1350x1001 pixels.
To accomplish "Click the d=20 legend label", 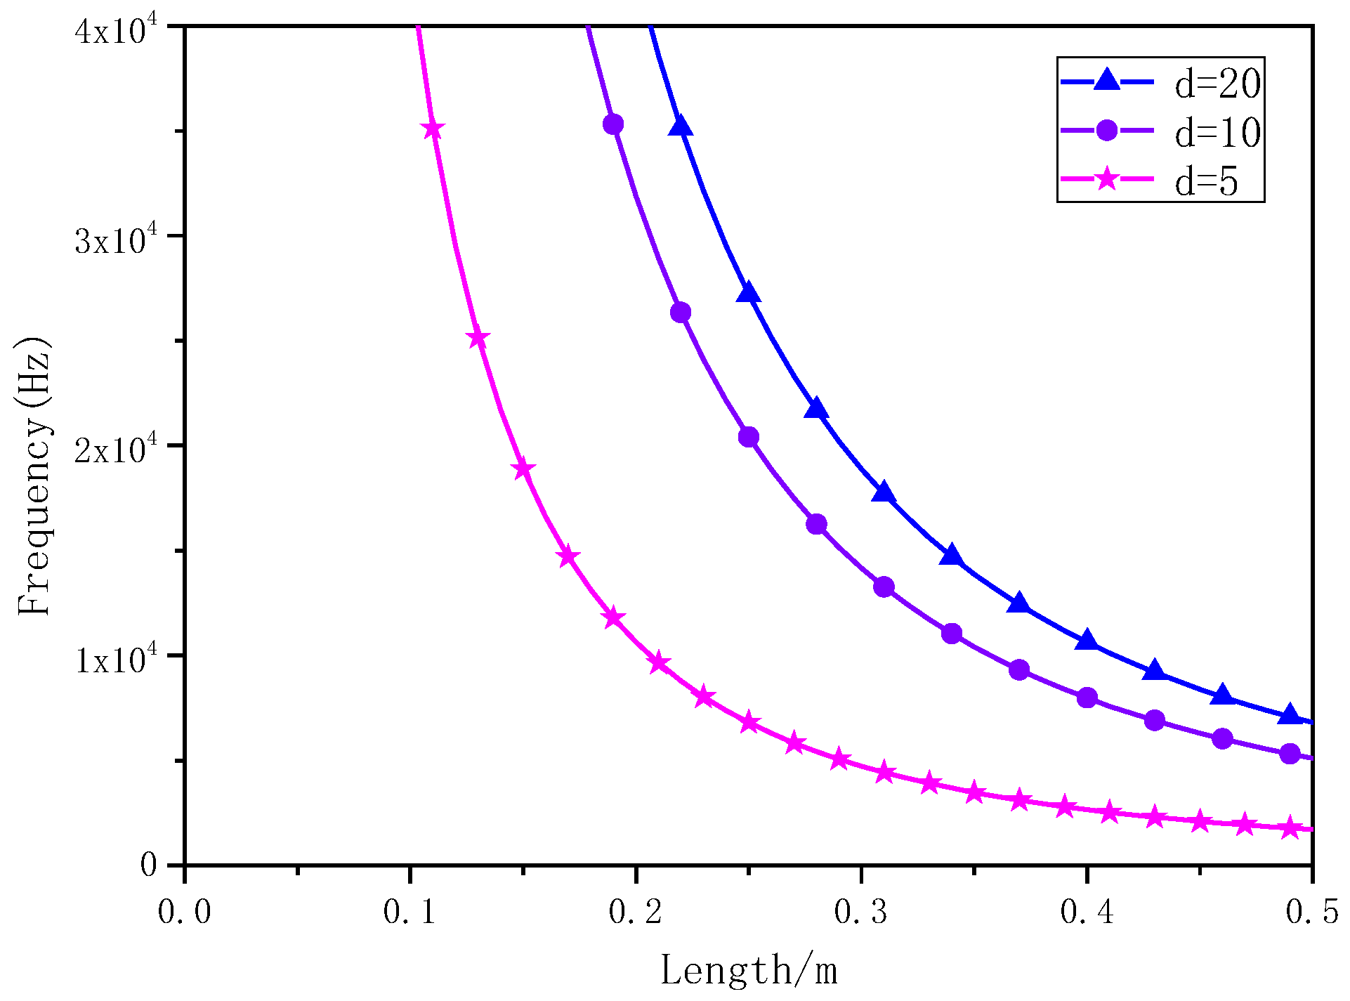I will click(x=1218, y=84).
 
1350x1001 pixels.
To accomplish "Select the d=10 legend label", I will click(x=1218, y=132).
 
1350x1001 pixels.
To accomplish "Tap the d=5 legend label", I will click(x=1207, y=181).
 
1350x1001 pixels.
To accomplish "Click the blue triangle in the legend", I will click(x=1107, y=80).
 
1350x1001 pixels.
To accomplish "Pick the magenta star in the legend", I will click(x=1107, y=178).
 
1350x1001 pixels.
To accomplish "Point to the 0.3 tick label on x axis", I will click(x=861, y=912).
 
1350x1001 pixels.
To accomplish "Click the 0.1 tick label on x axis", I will click(x=409, y=912).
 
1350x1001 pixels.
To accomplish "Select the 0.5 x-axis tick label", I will click(x=1312, y=912).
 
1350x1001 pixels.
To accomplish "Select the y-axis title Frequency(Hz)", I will click(x=34, y=478).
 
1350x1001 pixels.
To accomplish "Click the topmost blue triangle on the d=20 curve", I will click(x=681, y=126).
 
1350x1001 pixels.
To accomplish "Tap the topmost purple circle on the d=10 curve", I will click(x=613, y=125).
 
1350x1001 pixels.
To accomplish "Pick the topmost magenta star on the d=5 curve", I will click(x=433, y=129).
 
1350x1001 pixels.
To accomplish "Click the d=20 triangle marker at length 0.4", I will click(x=1087, y=641).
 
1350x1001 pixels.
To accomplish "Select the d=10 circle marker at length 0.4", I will click(x=1087, y=698).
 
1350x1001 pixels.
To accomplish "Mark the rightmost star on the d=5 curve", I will click(x=1290, y=828).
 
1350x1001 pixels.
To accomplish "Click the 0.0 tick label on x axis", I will click(x=184, y=912).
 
